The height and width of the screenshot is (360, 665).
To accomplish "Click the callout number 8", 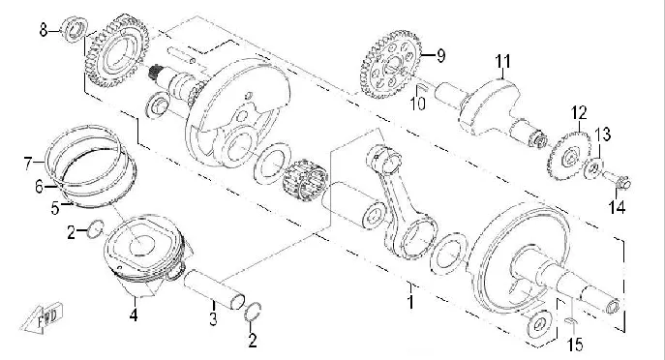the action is coord(44,31).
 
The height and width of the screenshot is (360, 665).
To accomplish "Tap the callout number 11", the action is coord(503,62).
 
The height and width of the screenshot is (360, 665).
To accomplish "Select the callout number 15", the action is coord(576,345).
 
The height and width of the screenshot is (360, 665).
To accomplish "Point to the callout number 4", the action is coord(134,315).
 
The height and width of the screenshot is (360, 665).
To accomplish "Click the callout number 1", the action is coord(410,302).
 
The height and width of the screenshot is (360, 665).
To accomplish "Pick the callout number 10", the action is coord(418,104).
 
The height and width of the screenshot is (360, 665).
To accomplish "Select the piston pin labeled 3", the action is coord(214,290).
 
